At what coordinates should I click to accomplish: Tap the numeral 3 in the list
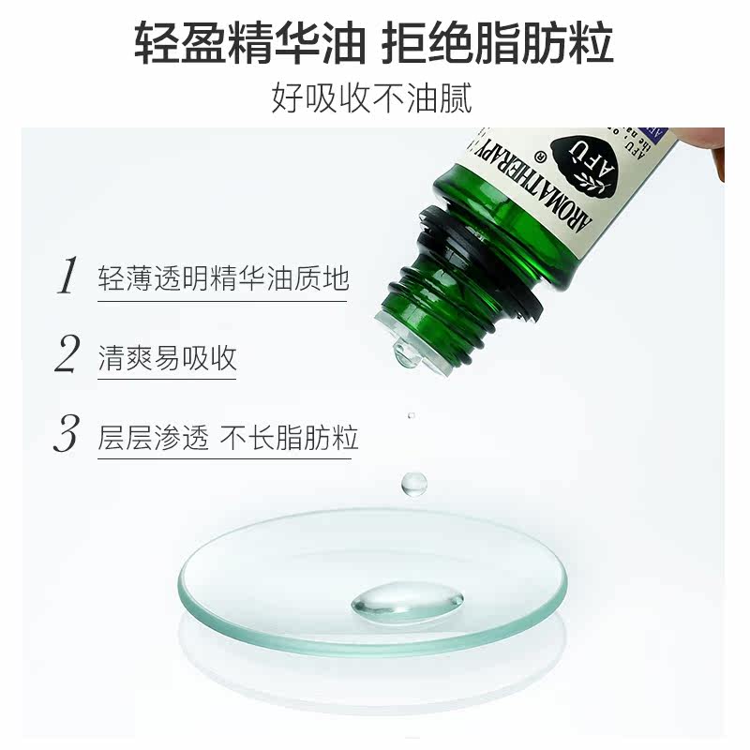tap(66, 436)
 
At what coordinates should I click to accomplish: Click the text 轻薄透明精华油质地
tap(223, 277)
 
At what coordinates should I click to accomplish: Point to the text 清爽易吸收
tap(167, 357)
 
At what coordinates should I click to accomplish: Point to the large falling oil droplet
tap(412, 483)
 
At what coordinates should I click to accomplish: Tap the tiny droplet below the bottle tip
tap(410, 415)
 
